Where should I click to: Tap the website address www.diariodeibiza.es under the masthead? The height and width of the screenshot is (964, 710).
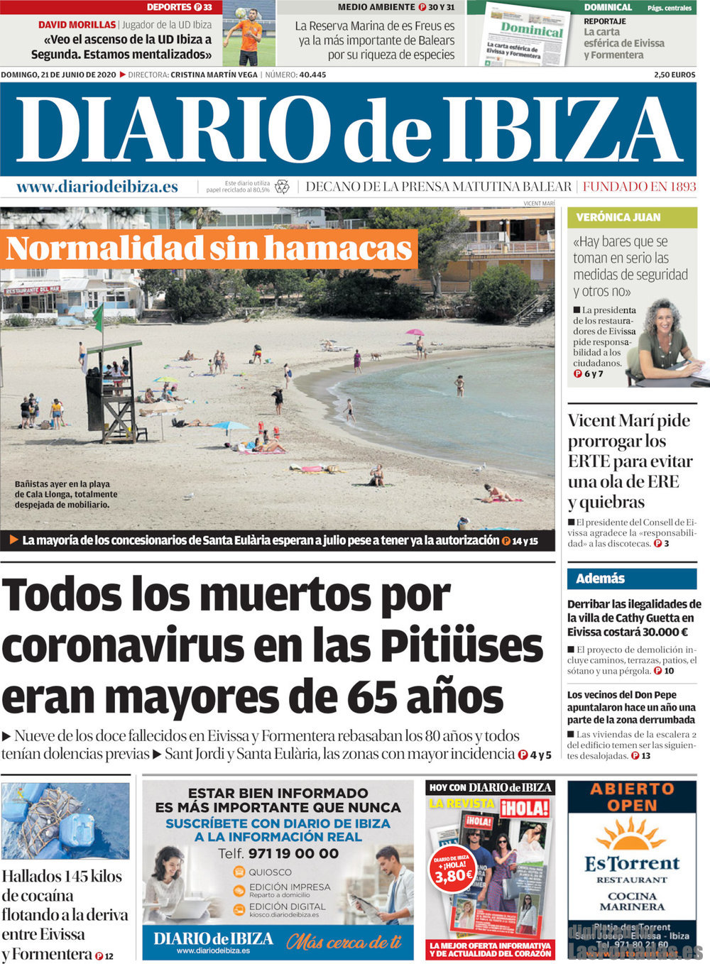97,187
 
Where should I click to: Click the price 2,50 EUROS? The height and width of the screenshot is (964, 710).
674,75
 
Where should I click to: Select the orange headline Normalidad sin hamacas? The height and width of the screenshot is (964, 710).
209,248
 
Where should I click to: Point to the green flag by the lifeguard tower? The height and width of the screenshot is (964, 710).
97,317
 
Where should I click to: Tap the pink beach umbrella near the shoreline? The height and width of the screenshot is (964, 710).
415,332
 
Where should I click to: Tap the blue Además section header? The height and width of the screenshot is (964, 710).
601,579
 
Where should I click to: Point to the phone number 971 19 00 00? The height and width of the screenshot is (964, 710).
293,853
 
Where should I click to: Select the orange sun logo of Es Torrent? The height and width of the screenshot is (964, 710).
630,835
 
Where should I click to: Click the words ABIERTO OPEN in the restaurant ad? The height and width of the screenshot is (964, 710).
632,797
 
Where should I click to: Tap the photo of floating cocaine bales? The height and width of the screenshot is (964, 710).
65,821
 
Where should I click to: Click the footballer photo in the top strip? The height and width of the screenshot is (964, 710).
248,33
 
